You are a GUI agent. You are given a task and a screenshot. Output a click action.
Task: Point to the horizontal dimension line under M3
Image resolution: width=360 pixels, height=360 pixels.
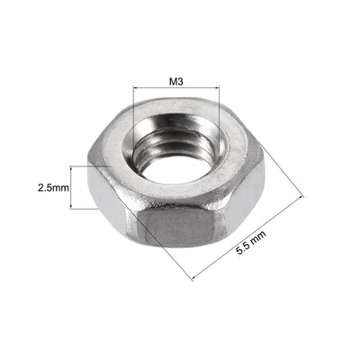click(175, 88)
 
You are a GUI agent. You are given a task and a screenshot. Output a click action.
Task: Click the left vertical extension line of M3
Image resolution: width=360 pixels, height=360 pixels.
click(133, 108)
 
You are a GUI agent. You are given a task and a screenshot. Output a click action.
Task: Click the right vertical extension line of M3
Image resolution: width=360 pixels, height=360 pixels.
click(219, 108)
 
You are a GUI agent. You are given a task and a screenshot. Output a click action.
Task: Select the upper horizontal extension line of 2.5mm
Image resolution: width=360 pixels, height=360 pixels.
click(81, 166)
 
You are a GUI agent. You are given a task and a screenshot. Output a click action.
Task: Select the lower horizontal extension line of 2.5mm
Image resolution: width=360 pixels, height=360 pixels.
click(81, 210)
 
